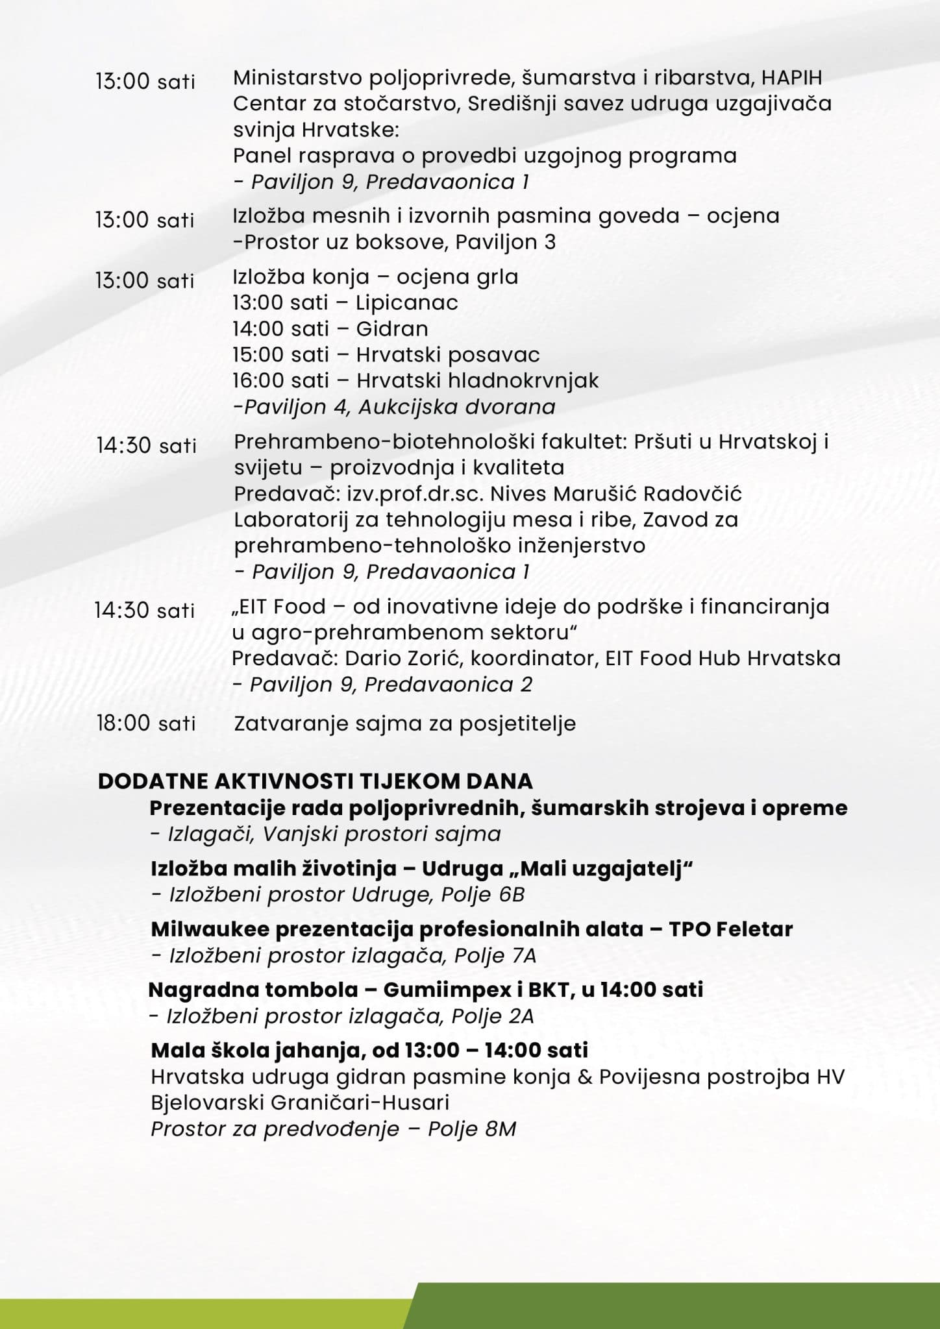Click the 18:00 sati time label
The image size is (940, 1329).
[146, 723]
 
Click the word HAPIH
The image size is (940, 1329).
[792, 78]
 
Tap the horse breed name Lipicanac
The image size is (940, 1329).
[407, 302]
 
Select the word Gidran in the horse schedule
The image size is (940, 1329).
[392, 328]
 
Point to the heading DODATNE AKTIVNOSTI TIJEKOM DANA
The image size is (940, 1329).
[315, 781]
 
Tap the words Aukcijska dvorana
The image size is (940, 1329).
[456, 407]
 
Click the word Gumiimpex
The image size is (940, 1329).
[447, 990]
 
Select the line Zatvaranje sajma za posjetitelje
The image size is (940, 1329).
[404, 723]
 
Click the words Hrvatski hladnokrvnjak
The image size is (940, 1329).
[477, 380]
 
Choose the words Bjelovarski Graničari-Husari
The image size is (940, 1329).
[300, 1103]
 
